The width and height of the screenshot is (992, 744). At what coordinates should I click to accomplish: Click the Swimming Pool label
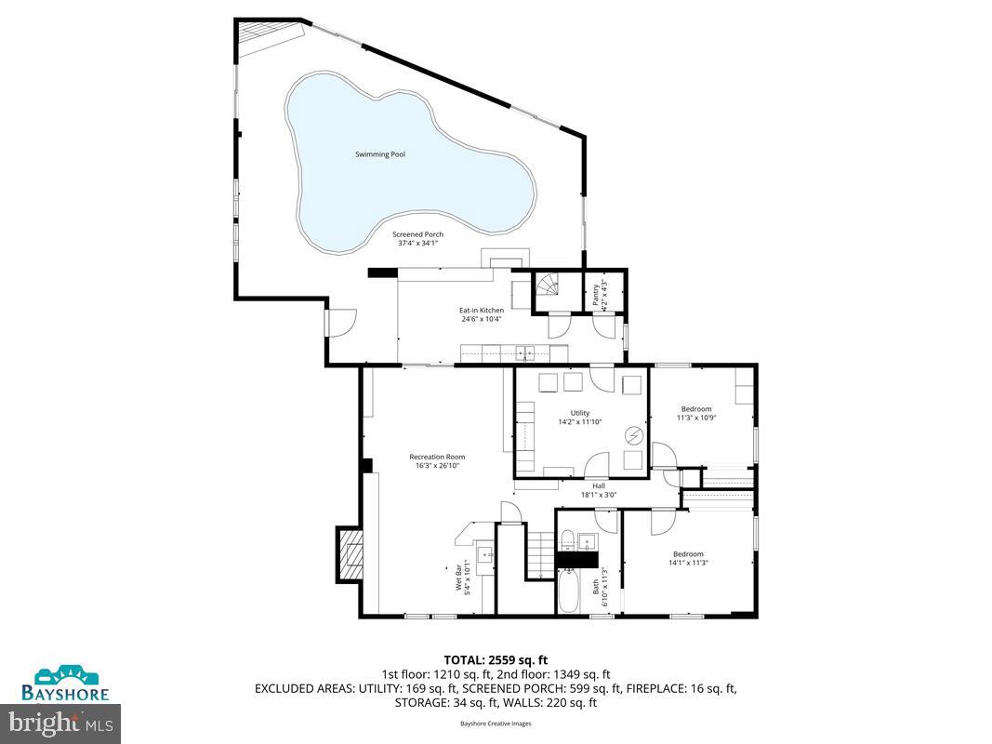pos(380,154)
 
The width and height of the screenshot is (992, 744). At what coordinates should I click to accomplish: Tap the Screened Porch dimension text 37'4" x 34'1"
pos(417,243)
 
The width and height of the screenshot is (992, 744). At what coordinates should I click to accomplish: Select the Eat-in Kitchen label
pos(482,310)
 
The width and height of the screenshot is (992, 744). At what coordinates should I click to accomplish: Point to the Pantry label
pos(594,295)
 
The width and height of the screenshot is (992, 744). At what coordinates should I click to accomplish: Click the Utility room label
pos(580,413)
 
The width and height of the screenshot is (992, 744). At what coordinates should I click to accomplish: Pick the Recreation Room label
pos(437,457)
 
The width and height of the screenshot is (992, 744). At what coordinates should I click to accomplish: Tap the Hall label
pos(599,485)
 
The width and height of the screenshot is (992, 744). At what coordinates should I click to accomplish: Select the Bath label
pos(596,587)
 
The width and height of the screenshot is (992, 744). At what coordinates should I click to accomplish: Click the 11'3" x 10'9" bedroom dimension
pos(695,418)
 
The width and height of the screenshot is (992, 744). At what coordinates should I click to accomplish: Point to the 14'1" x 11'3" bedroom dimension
pos(688,563)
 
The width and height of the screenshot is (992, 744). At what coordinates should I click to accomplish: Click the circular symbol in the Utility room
pos(633,434)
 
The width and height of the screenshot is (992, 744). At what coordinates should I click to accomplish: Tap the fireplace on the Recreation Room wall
pos(351,553)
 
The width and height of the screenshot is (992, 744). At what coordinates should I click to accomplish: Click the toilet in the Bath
pos(567,538)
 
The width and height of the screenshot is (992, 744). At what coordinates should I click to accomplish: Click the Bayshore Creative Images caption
pos(496,723)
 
